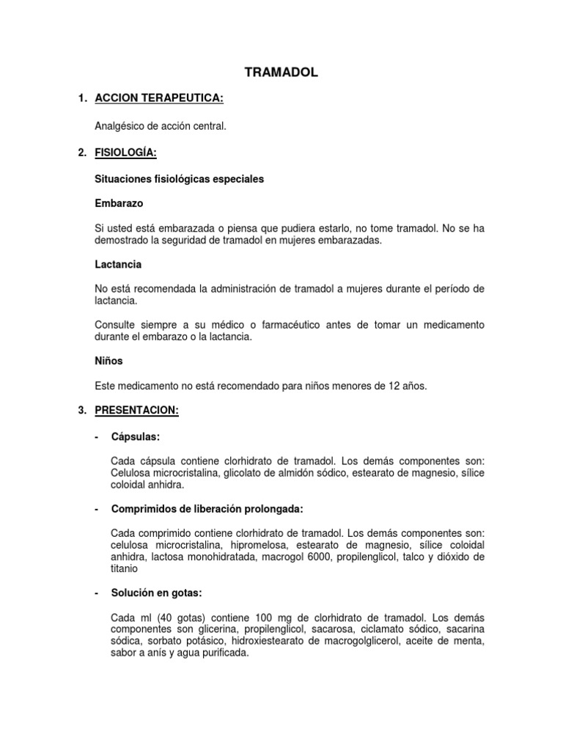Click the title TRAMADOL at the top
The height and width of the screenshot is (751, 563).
point(281,72)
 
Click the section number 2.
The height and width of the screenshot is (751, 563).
point(81,153)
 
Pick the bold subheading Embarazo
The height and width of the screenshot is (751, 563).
point(119,202)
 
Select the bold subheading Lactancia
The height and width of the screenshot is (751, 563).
point(118,264)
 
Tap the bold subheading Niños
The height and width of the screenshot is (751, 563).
point(109,362)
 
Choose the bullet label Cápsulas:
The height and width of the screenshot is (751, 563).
point(135,437)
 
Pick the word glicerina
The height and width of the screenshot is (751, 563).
point(192,629)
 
